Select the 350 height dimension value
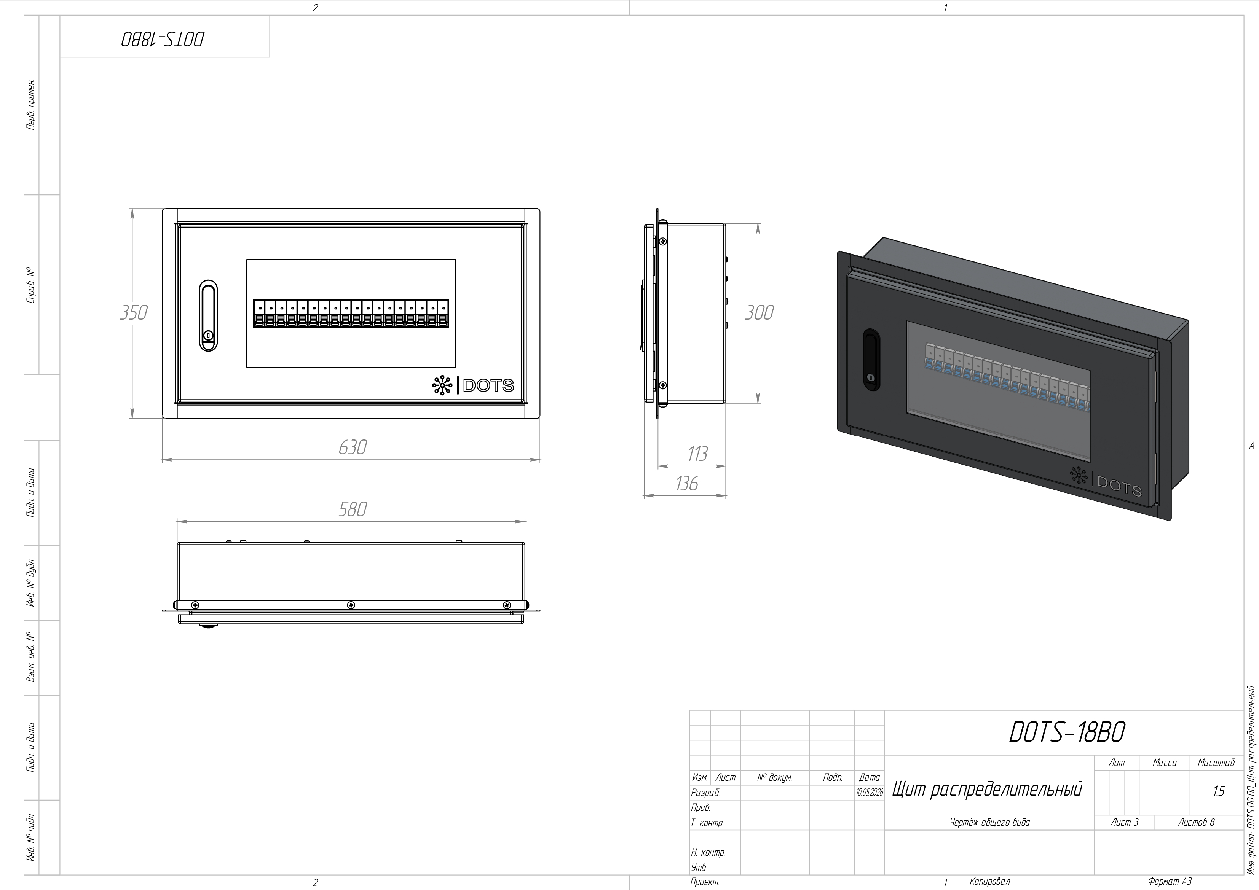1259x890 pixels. tap(134, 312)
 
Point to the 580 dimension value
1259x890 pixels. tap(352, 509)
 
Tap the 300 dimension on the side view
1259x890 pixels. tap(759, 312)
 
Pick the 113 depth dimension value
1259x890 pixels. tap(697, 454)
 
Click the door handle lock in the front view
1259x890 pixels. tap(208, 316)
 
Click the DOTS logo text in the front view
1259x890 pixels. tap(488, 386)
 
